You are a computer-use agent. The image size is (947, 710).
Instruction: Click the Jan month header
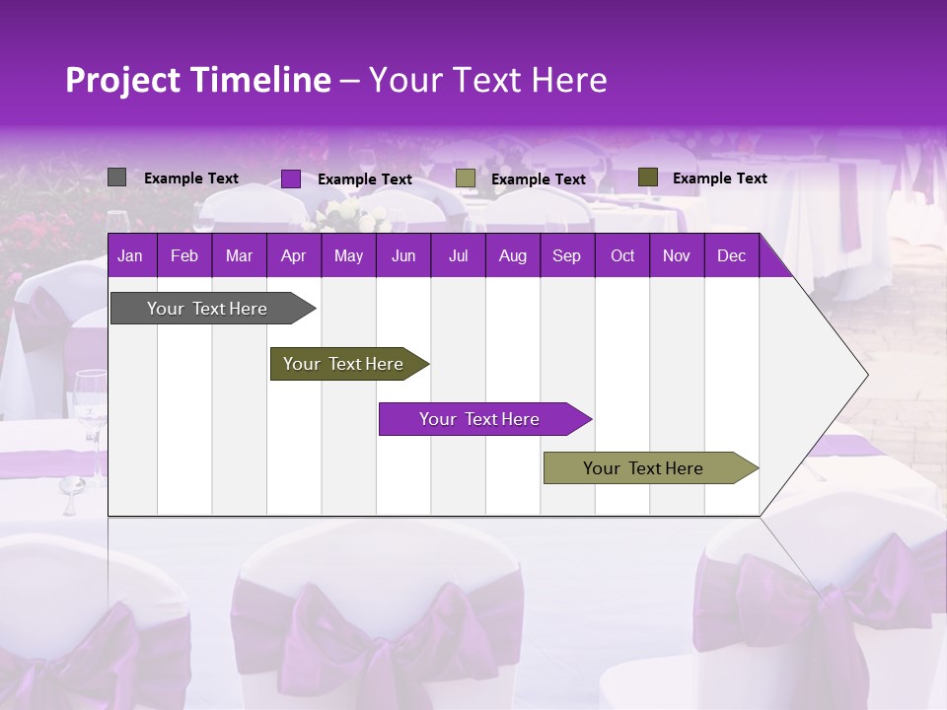pos(130,255)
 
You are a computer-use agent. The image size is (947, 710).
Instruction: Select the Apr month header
pos(293,255)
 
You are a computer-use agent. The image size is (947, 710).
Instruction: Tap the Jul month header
pos(458,255)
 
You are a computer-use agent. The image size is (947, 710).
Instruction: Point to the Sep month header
pos(566,255)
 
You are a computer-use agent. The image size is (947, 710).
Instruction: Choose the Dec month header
pos(731,255)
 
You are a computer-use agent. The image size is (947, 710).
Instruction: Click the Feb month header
pos(184,255)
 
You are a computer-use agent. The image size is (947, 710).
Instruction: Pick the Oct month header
pos(622,255)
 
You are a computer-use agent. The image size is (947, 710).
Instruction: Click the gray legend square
pos(116,177)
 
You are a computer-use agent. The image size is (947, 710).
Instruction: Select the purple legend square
pos(291,178)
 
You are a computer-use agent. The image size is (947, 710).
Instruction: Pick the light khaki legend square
pos(466,178)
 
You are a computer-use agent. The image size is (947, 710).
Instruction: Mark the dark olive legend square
pos(648,177)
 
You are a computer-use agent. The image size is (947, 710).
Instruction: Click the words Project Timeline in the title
pos(197,80)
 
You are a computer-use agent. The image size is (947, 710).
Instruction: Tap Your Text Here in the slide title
pos(488,80)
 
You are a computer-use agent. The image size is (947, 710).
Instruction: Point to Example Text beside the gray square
pos(191,178)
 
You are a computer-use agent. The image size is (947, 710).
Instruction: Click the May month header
pos(348,255)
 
